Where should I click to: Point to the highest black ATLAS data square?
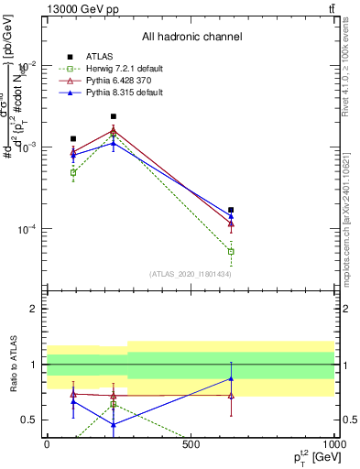tap(114, 116)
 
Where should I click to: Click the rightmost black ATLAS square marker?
tap(231, 210)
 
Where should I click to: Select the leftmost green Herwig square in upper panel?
tap(73, 172)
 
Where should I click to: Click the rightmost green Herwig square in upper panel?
tap(231, 251)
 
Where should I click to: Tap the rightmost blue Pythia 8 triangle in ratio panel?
tap(231, 378)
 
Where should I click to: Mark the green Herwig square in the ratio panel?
tap(114, 404)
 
